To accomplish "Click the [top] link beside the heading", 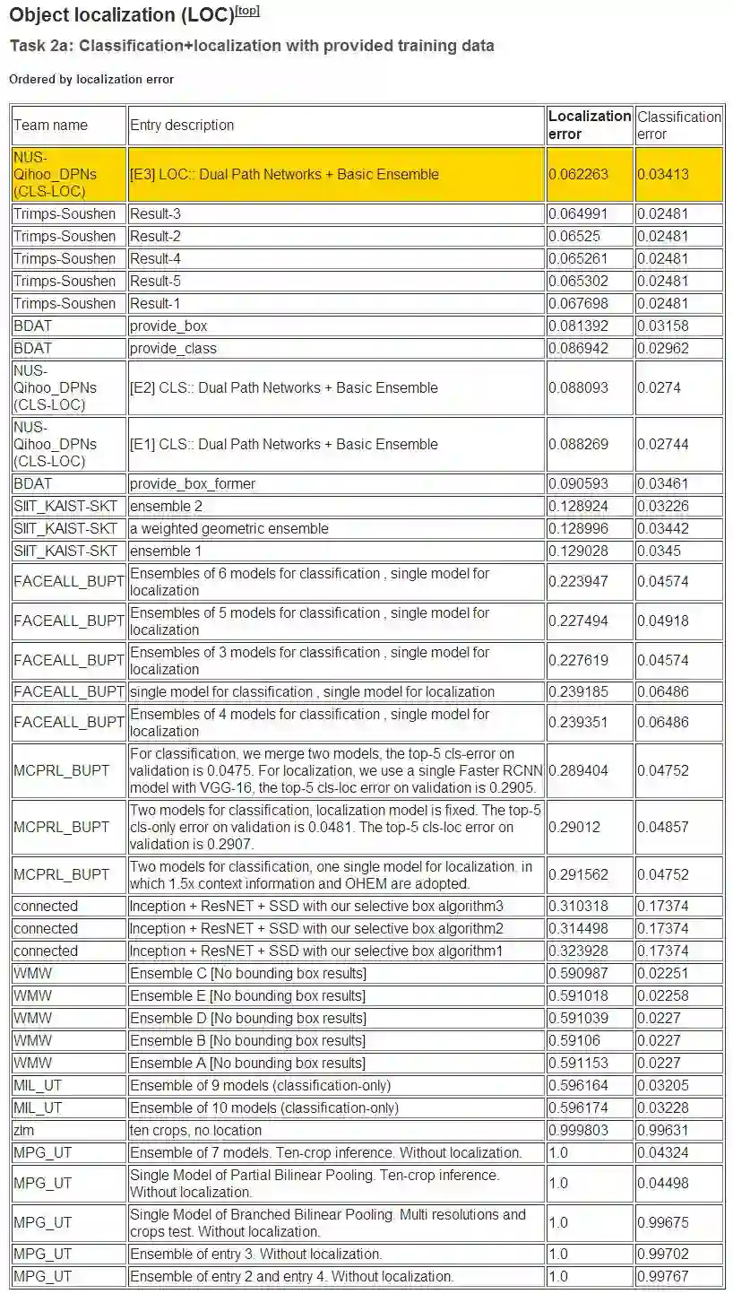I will pos(247,11).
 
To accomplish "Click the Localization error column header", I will pos(590,125).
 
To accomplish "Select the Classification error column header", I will pos(678,125).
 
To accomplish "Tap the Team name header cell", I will pos(50,125).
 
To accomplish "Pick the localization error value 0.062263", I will pos(578,174).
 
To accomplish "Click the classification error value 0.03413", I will pos(663,174).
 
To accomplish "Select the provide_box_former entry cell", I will pos(193,483).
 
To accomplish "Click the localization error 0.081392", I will pos(578,326).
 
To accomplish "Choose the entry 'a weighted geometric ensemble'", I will pos(229,528).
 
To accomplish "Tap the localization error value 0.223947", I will pos(578,581).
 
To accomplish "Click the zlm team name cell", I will pos(24,1130).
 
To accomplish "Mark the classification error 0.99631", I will pos(663,1130).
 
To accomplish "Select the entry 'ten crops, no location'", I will pos(196,1130).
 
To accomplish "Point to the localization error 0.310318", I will pos(578,906).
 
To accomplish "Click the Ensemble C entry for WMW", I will pos(248,973).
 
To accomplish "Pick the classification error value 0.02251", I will pos(663,973).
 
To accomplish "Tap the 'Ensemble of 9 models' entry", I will pos(261,1085).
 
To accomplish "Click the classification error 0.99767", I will pos(663,1276).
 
